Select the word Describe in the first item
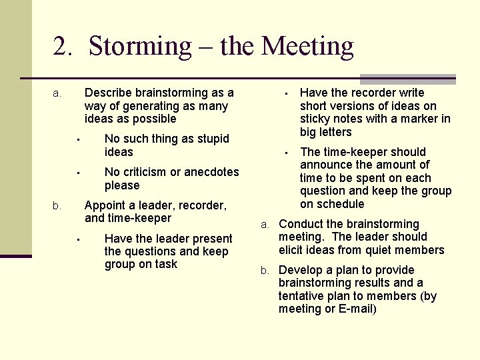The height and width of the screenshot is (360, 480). [109, 93]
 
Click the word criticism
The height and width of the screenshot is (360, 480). [150, 172]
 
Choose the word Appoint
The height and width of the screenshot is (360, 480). [105, 205]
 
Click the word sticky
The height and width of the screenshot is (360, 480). [315, 119]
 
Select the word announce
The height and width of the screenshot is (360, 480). [325, 165]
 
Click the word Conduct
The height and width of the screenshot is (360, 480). [302, 224]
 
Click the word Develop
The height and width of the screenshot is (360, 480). [301, 270]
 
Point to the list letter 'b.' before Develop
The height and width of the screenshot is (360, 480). [265, 271]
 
